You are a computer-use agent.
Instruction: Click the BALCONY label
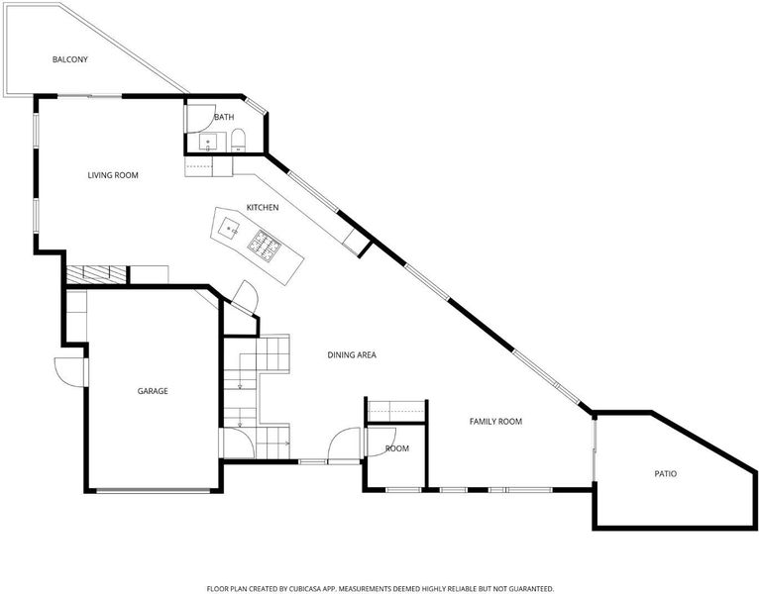tap(70, 59)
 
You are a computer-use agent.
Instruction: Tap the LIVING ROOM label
tap(113, 175)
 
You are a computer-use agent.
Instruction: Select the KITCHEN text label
tap(263, 208)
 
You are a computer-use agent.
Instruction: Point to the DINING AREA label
tap(352, 355)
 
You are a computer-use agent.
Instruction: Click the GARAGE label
tap(153, 391)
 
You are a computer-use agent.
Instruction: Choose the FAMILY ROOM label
tap(495, 422)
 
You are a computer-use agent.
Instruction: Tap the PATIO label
tap(666, 474)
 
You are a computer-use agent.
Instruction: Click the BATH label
tap(224, 117)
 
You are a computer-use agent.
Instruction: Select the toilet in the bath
tap(238, 140)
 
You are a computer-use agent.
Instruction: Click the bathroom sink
tap(209, 143)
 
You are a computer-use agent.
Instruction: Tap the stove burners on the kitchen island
tap(265, 247)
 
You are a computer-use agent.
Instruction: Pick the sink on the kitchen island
tap(229, 228)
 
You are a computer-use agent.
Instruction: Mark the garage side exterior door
tap(69, 372)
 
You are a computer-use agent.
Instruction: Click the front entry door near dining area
tap(344, 445)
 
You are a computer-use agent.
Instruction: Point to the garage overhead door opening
tap(153, 490)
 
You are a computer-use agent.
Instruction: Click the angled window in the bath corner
tap(255, 106)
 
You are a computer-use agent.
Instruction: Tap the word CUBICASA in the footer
tap(306, 589)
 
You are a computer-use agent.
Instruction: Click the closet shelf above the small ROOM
tap(396, 411)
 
